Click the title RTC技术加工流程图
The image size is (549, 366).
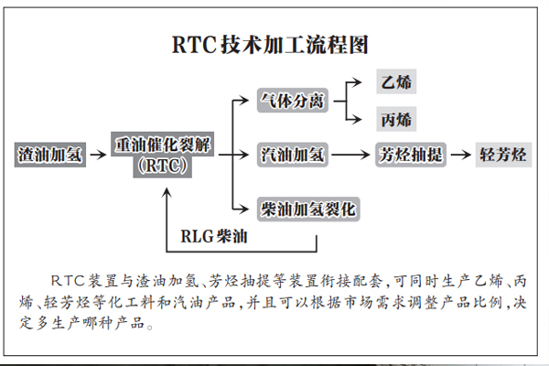point(270,45)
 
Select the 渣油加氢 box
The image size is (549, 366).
point(50,155)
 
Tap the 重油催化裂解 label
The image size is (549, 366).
point(163,144)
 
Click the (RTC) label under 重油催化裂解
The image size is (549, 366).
point(163,166)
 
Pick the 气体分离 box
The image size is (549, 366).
point(293,101)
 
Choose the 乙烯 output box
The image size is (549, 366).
point(396,81)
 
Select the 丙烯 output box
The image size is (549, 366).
point(396,119)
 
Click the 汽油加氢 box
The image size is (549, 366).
point(293,155)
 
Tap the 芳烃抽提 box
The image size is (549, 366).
point(411,155)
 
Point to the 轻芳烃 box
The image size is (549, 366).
point(503,155)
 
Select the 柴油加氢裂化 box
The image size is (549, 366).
point(308,210)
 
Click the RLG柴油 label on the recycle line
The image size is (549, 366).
point(214,236)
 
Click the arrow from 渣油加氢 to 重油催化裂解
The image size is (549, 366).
point(98,155)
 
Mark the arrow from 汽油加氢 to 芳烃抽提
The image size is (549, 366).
point(350,155)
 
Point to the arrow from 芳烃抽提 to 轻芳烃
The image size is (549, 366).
point(461,155)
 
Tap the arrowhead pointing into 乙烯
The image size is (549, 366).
point(357,82)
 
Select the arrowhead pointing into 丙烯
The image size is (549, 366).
point(357,120)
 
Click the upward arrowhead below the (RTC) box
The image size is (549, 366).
point(167,193)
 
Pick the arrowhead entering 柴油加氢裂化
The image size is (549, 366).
point(244,210)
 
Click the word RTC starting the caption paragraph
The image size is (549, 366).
point(68,281)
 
